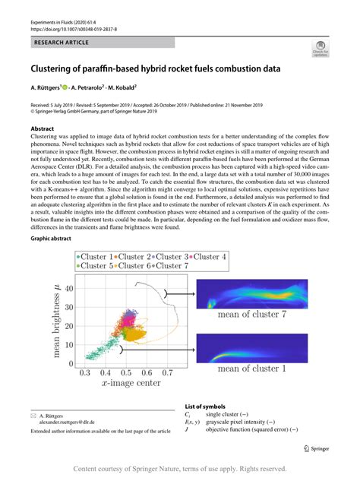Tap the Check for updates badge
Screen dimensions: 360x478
[x=321, y=49]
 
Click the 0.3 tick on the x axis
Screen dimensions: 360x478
[x=84, y=373]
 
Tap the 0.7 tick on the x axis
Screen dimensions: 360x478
[x=167, y=373]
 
